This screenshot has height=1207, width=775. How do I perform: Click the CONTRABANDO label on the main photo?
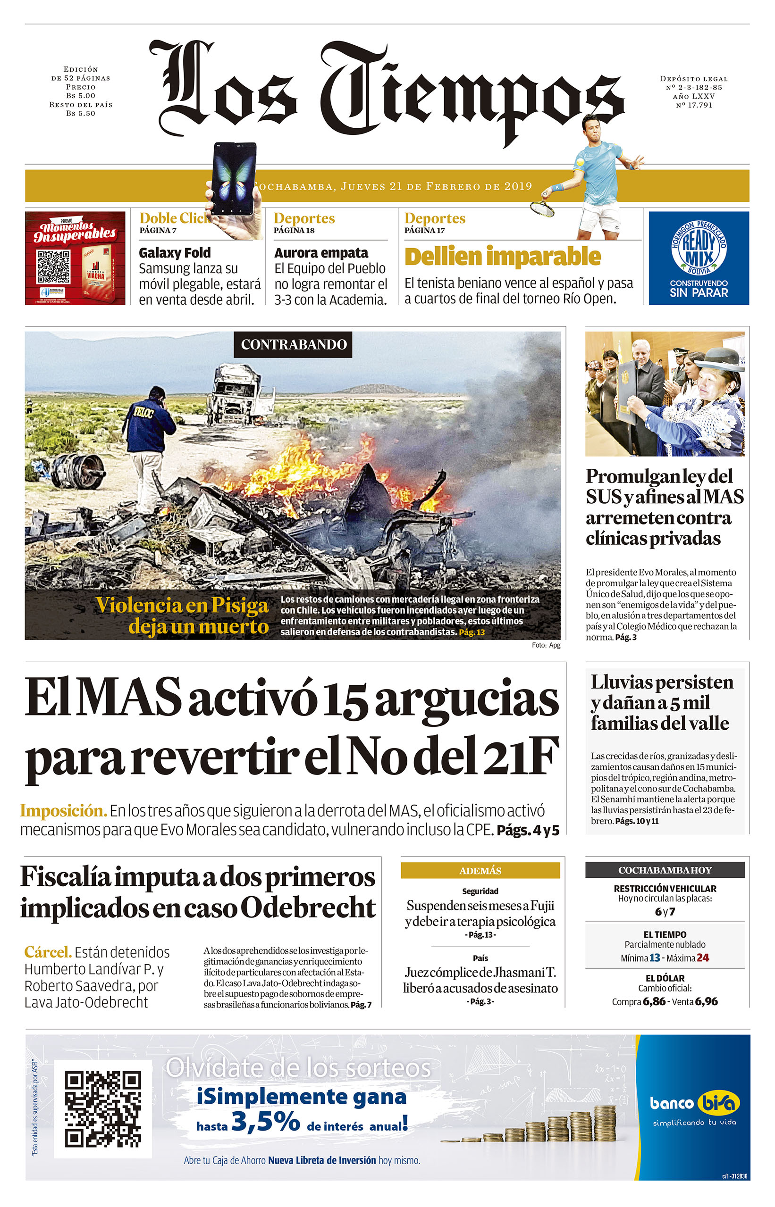tap(293, 344)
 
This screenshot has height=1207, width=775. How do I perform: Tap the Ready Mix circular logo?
tap(699, 248)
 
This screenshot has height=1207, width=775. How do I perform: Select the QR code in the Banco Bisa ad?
tap(103, 1109)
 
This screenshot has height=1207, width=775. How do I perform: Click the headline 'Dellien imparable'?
tap(502, 257)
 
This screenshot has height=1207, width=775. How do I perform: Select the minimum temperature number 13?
tap(655, 957)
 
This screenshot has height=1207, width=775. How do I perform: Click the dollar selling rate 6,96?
tap(707, 1001)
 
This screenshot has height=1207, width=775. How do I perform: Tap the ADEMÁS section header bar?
tap(480, 871)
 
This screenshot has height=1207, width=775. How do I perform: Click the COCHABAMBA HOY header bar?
tap(664, 870)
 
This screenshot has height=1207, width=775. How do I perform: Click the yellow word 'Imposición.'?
tap(63, 811)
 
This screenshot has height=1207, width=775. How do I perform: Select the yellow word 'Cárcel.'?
tap(48, 952)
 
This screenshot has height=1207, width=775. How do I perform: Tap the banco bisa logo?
tap(694, 1104)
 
